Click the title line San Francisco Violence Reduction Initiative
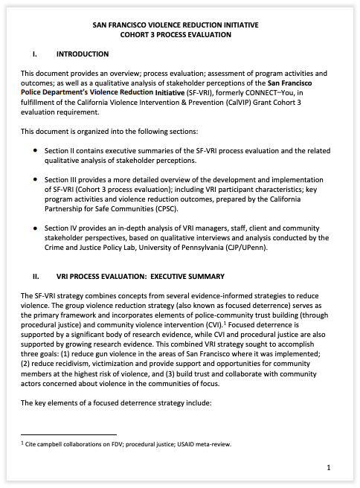[176, 25]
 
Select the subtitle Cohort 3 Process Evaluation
[176, 34]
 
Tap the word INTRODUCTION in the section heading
[83, 54]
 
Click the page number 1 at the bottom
[328, 468]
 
